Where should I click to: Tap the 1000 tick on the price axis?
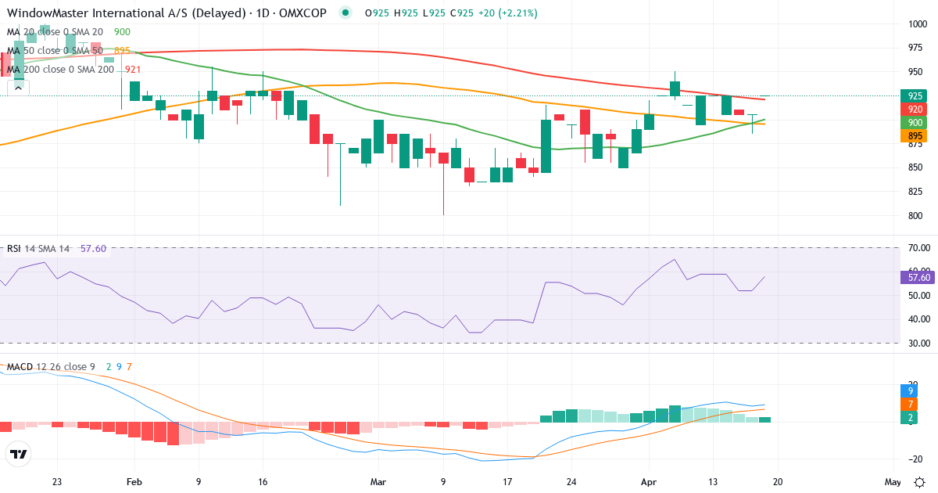[918, 23]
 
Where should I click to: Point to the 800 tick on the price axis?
[915, 216]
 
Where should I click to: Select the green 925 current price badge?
[915, 95]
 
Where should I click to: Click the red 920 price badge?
[915, 110]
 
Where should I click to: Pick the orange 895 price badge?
[915, 136]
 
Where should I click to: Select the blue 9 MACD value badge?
[912, 389]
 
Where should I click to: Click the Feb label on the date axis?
[134, 482]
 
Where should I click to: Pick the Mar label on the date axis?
[378, 482]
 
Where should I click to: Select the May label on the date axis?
[893, 482]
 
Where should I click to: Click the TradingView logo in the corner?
[19, 454]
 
